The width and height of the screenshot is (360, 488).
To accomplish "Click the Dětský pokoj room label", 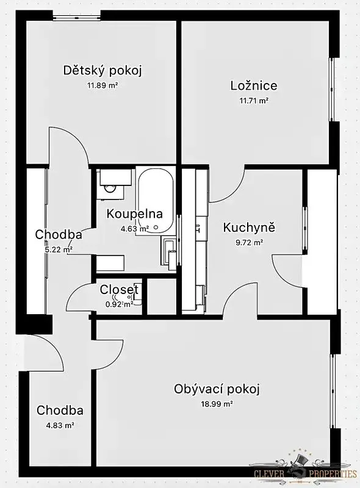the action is coord(103,71).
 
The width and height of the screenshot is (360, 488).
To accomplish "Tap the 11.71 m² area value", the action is coord(254,101).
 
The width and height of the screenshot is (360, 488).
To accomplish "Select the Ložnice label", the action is coord(254,85).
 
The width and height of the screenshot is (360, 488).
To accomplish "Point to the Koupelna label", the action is coord(134,214).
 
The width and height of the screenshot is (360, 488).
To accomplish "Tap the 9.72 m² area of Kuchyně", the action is coord(249,242).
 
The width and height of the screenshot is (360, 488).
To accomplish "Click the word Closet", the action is coord(119,289).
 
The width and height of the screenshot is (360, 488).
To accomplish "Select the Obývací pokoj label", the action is coord(217,389).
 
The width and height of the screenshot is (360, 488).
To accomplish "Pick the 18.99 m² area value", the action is coord(217,404).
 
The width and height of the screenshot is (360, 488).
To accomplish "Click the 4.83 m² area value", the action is coord(60,425).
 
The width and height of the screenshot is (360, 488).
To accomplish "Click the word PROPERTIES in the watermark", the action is coord(333,474).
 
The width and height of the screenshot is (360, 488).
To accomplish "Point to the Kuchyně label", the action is coord(249,228).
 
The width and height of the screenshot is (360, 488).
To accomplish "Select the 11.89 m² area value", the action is coord(103,85).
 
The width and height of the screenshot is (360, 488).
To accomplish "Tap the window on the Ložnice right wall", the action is coord(333,89).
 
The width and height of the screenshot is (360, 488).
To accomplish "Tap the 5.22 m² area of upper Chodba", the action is coord(59,249).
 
